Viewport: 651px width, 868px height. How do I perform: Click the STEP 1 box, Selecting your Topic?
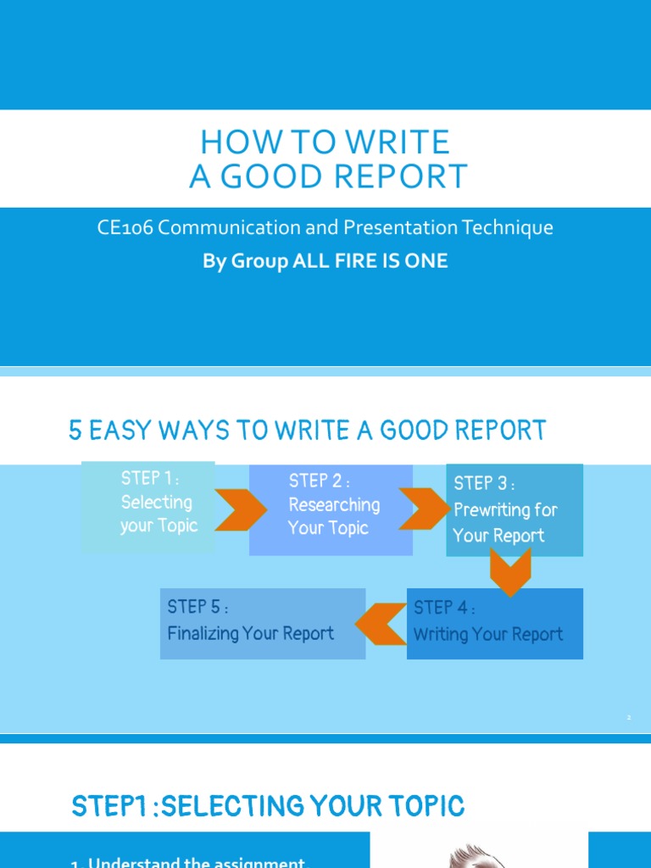(x=148, y=507)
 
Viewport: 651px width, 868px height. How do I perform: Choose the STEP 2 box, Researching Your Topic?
(x=331, y=509)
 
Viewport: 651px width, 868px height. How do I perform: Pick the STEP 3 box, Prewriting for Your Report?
(x=515, y=510)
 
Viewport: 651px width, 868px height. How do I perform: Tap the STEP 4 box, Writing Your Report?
(x=495, y=624)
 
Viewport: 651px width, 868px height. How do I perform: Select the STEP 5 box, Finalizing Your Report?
(x=263, y=624)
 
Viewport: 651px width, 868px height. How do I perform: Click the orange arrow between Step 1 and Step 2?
(x=231, y=509)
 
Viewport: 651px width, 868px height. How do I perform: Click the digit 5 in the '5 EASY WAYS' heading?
(x=75, y=431)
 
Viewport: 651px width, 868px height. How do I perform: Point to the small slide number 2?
(x=629, y=717)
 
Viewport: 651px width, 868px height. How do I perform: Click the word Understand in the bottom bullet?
(x=131, y=863)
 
